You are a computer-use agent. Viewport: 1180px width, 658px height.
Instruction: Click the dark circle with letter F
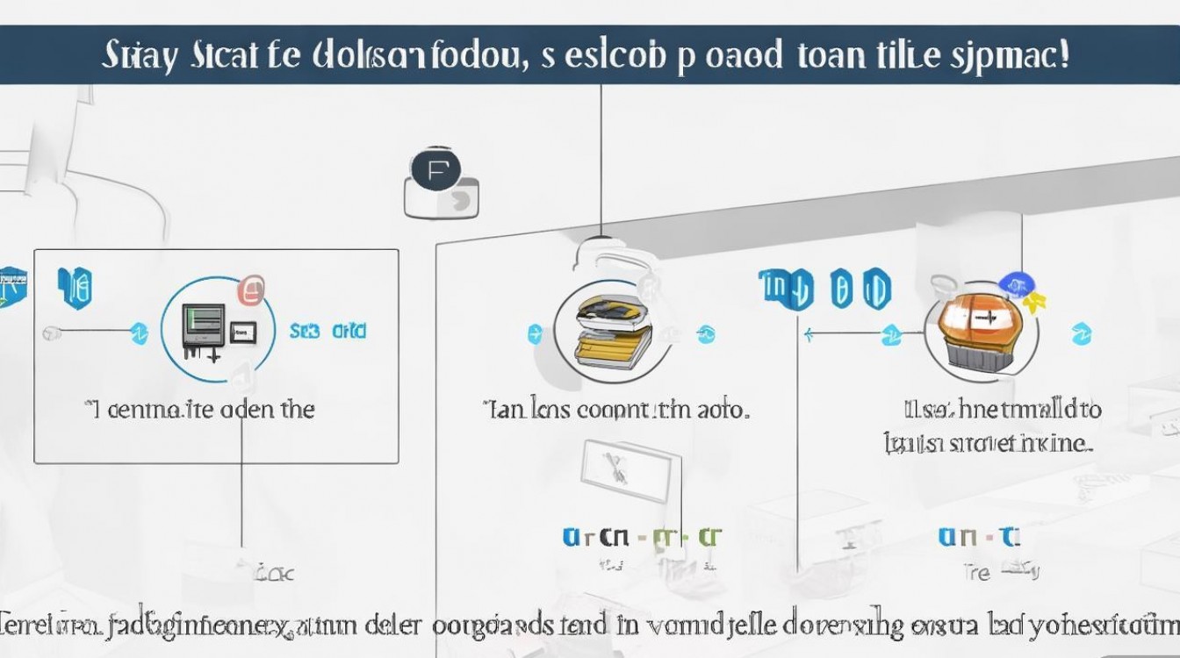point(436,172)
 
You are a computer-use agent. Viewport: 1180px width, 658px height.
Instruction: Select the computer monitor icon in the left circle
point(202,328)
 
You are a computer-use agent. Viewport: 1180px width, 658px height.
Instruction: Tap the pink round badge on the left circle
point(251,290)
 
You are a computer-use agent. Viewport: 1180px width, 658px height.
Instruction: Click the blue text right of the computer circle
point(327,332)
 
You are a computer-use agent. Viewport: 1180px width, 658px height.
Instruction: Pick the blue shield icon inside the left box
point(75,289)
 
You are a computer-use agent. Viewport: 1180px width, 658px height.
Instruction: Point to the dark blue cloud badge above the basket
point(1017,284)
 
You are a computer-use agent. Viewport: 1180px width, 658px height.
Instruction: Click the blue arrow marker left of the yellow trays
point(534,333)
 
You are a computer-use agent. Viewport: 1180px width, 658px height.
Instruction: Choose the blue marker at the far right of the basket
point(1081,334)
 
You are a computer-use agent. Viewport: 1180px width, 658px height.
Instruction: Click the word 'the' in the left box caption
point(295,409)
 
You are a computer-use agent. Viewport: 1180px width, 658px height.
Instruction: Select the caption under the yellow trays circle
point(616,409)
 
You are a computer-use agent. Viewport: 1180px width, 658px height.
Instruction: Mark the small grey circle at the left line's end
point(51,333)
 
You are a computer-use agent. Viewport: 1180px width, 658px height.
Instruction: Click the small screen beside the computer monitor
point(243,332)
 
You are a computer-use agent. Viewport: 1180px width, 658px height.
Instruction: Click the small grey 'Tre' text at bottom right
point(975,573)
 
